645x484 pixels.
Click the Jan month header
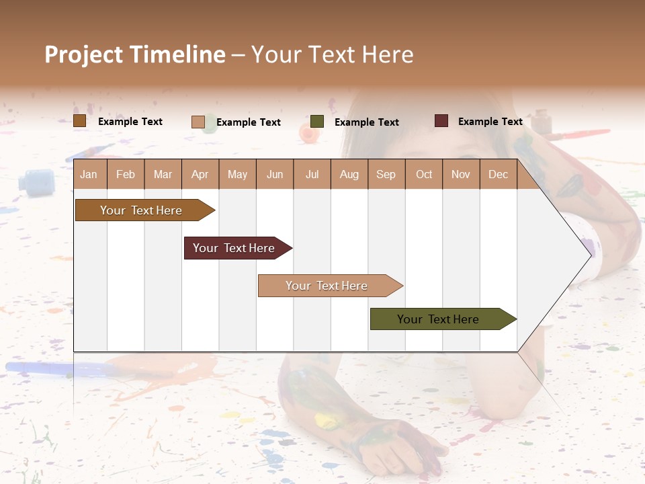[89, 174]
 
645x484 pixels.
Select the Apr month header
[200, 174]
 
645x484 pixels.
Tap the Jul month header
[312, 174]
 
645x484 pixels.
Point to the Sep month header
[386, 174]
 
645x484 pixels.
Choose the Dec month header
[498, 174]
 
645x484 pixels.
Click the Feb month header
[126, 174]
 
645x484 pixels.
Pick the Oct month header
[424, 174]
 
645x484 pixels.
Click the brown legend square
[80, 121]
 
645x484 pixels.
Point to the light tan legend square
[198, 122]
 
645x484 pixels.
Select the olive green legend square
[317, 122]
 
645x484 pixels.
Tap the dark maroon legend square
[441, 121]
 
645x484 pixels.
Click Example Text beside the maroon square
[490, 122]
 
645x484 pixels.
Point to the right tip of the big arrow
[590, 255]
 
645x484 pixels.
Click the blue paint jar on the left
[36, 180]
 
